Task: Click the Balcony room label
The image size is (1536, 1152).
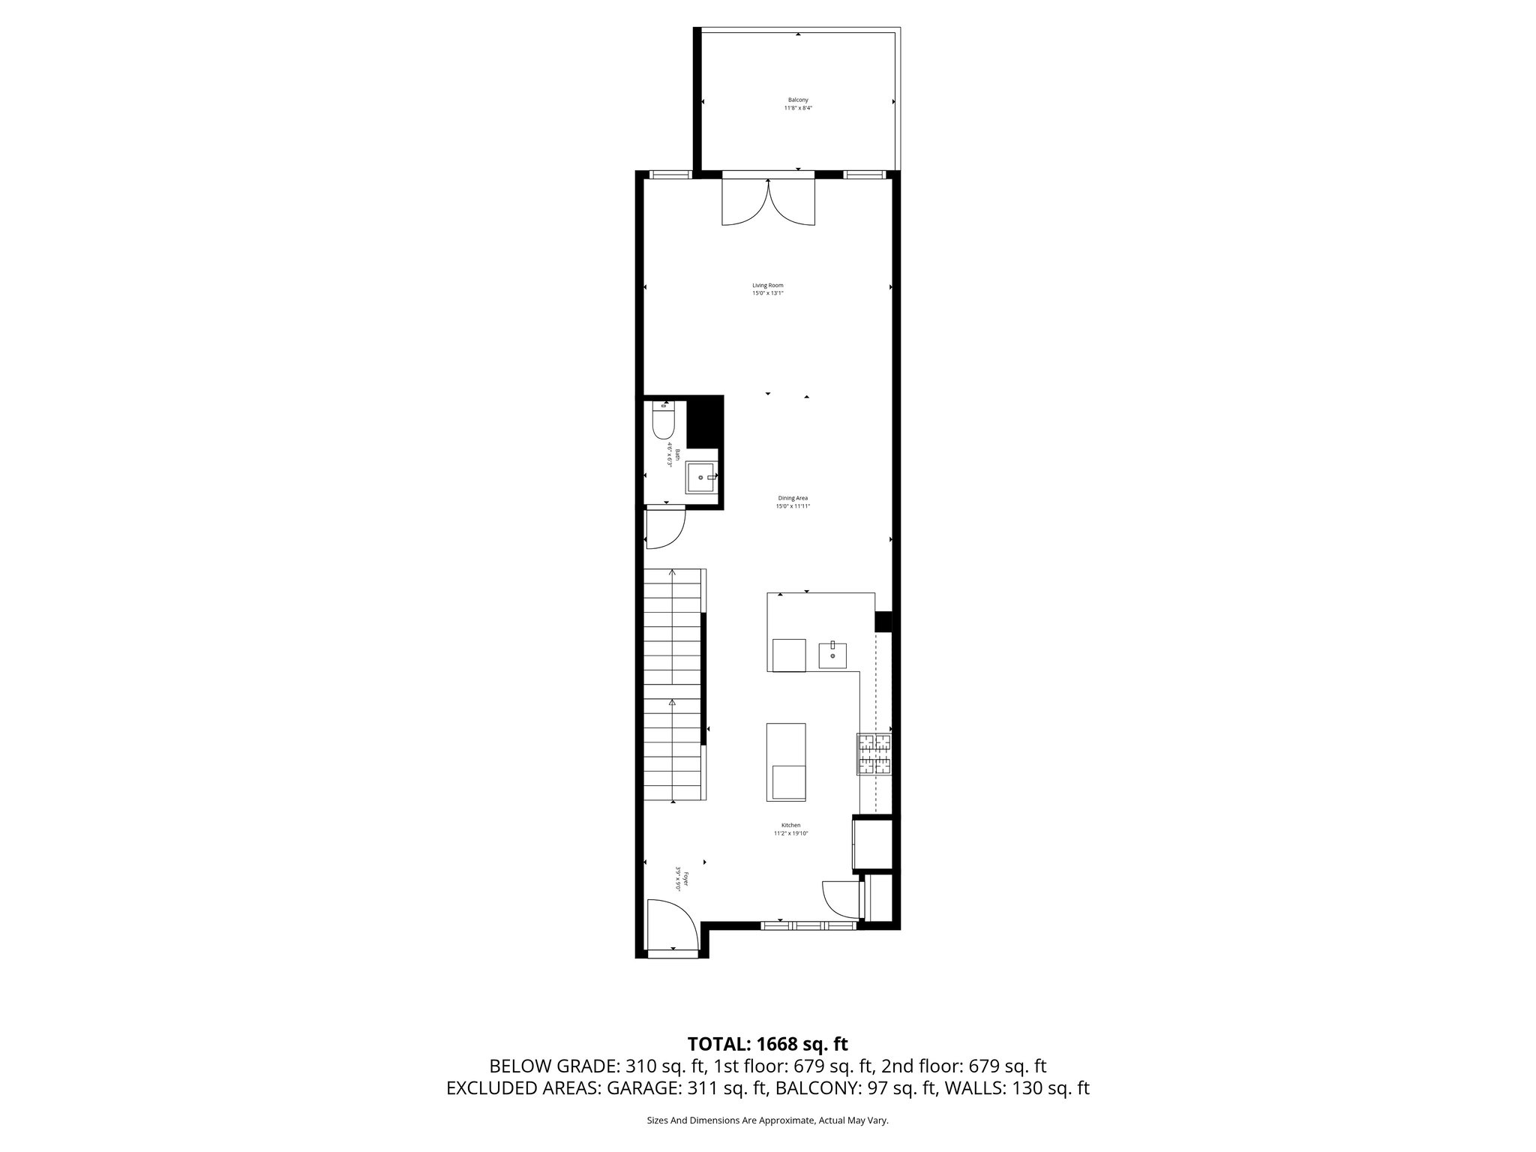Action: pos(798,100)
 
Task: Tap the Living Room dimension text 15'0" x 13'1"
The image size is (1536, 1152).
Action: pos(768,293)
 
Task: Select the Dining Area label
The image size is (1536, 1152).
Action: pos(793,498)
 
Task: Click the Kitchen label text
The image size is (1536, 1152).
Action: pos(790,825)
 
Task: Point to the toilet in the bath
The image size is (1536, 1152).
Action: pos(664,421)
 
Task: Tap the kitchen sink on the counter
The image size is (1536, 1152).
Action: pos(832,654)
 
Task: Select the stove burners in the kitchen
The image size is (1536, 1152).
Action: pos(874,754)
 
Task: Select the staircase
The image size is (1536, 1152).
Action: pos(673,694)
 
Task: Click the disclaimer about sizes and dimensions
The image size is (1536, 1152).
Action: pos(767,1120)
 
